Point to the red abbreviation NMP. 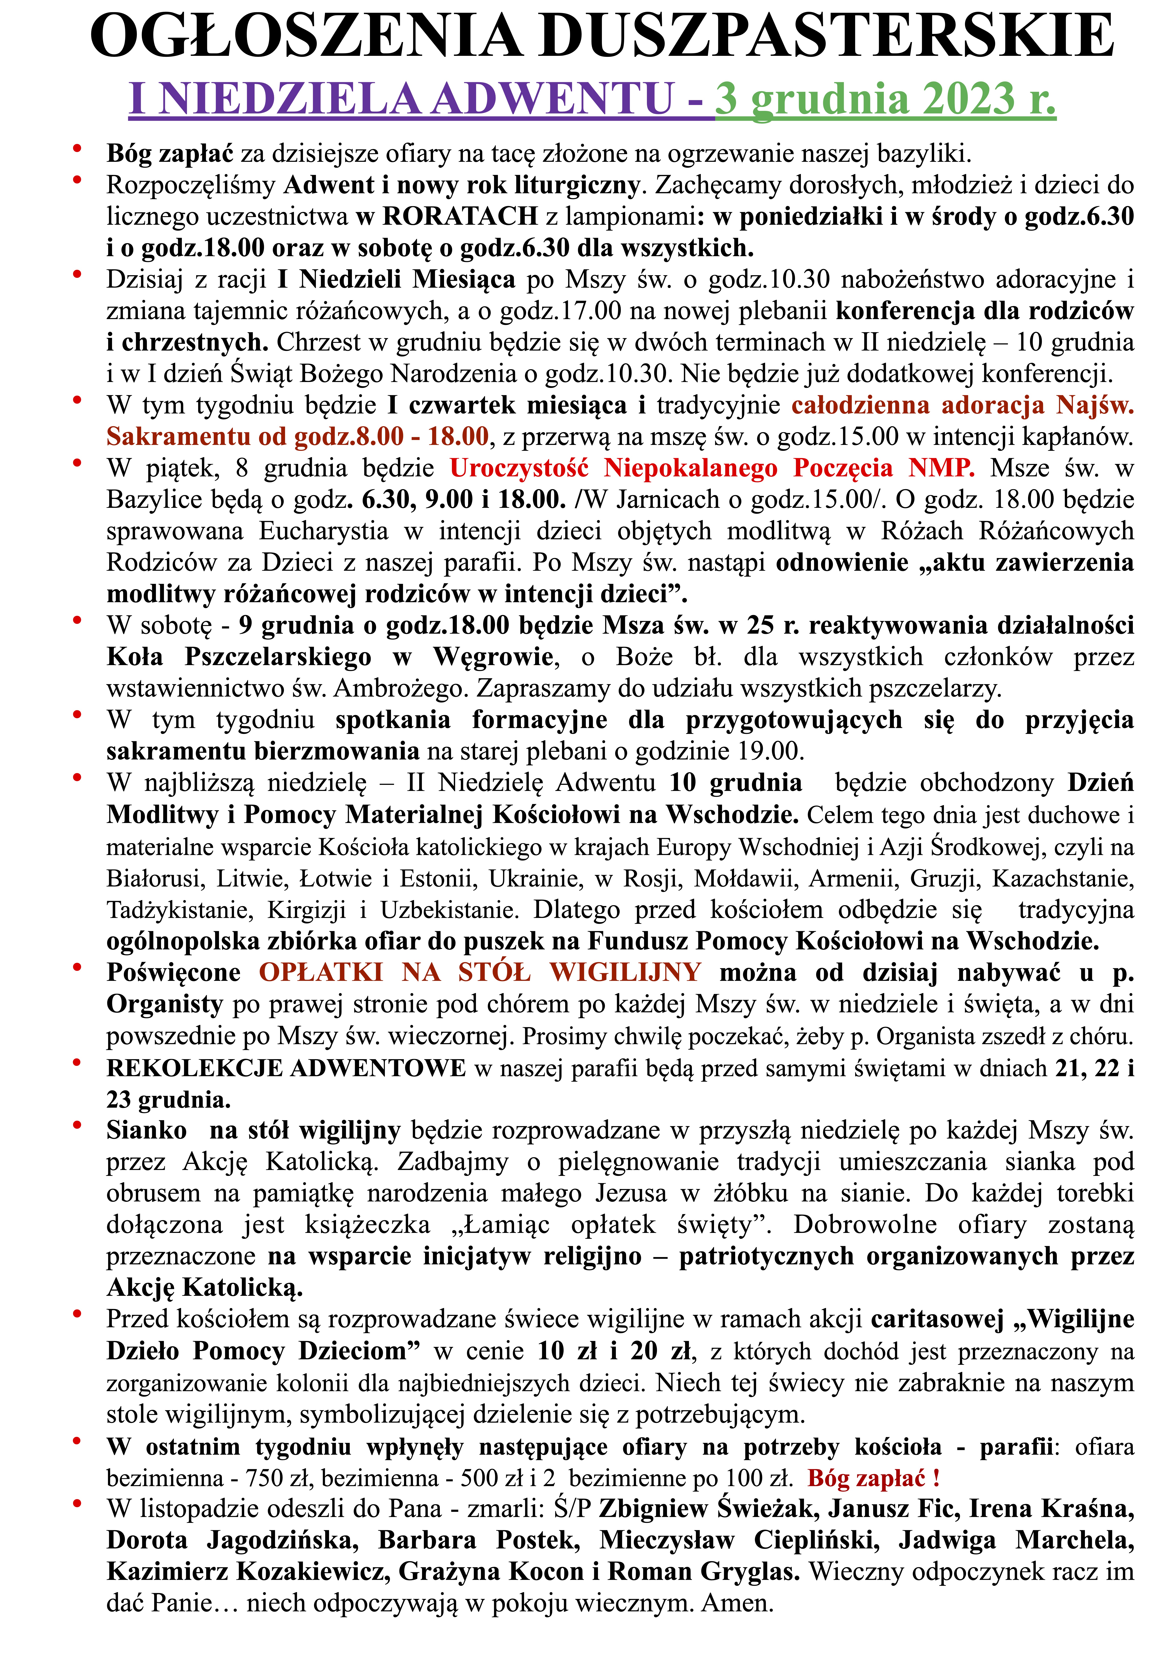point(941,469)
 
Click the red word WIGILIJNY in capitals point(625,972)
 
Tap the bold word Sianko point(146,1130)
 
